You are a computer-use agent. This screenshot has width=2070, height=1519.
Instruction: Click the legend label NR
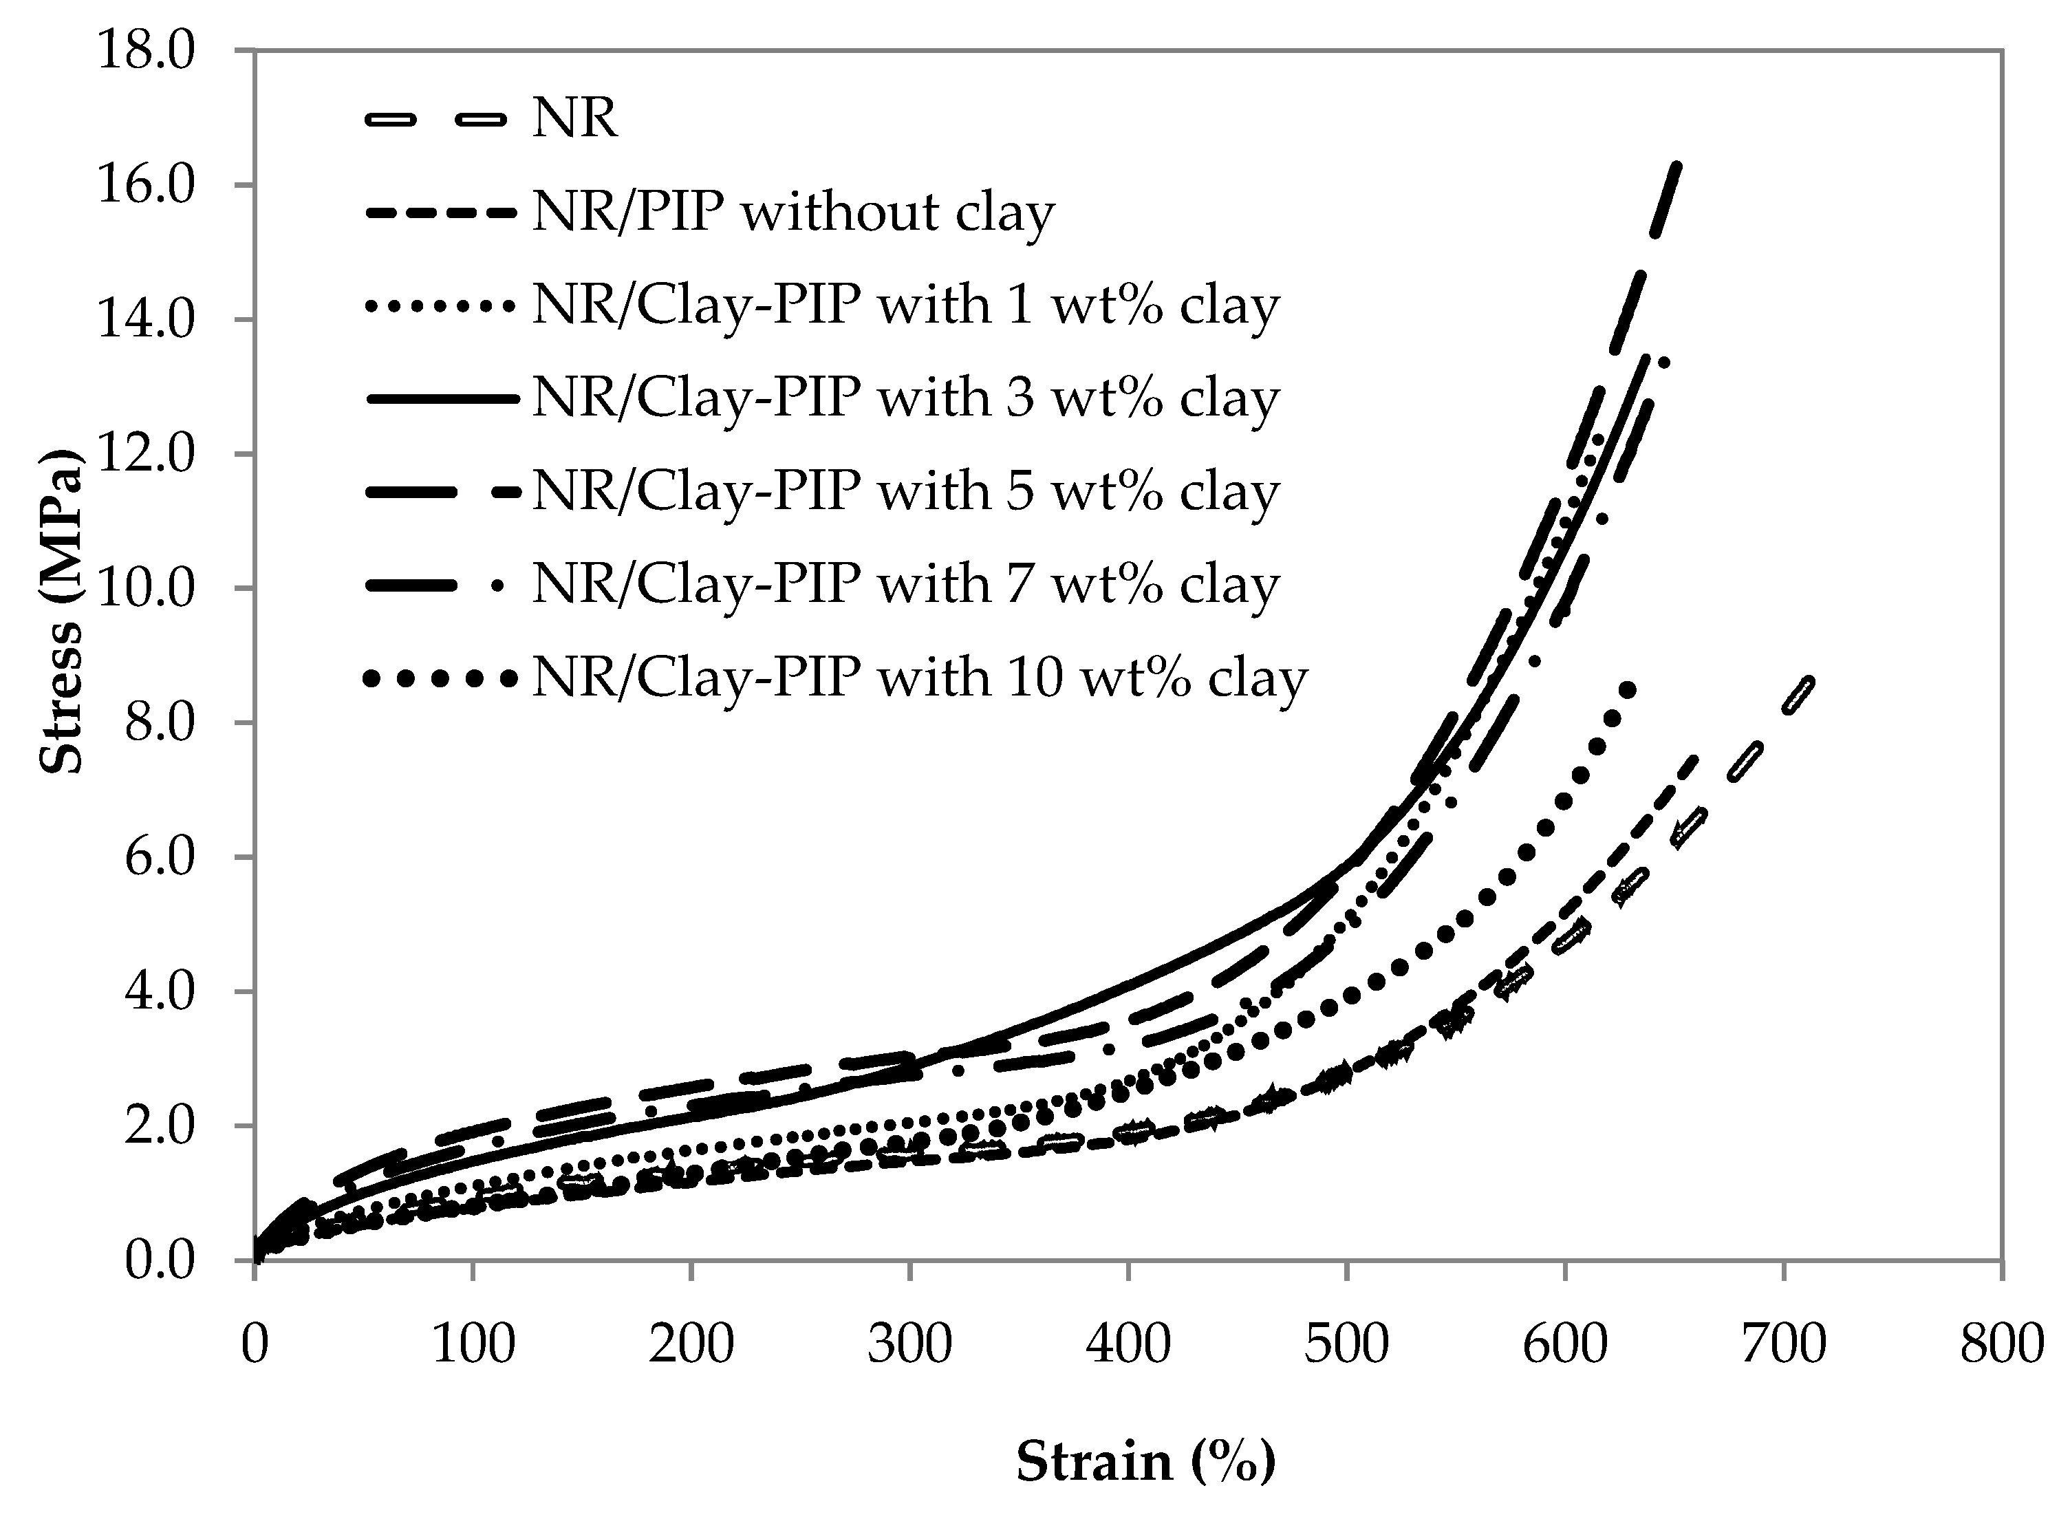pos(574,118)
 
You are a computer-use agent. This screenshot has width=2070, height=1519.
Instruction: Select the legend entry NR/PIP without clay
pos(793,213)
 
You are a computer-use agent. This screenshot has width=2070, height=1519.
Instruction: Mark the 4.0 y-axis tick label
pos(158,992)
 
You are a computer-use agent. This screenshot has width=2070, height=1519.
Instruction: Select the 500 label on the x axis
pos(1346,1345)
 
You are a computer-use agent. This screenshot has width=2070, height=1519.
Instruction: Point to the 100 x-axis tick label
pos(473,1345)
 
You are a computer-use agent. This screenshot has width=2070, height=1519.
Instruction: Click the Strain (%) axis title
pos(1145,1461)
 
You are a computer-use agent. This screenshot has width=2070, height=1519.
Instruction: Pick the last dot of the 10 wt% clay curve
pos(1627,689)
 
